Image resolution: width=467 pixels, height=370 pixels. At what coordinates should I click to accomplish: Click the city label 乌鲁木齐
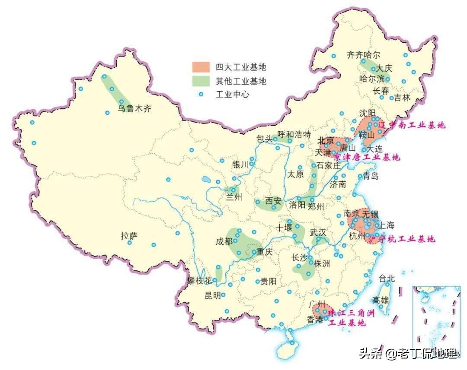click(x=135, y=109)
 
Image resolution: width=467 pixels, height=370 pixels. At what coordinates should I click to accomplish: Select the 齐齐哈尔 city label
click(x=364, y=55)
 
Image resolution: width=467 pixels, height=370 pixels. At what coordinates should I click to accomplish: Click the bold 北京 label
click(x=326, y=141)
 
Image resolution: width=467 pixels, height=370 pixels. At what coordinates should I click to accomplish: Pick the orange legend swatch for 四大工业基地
click(x=202, y=67)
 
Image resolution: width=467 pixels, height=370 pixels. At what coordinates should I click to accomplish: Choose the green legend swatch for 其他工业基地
click(x=202, y=80)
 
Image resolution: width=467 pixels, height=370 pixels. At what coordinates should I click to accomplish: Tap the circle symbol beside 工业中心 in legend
click(x=201, y=94)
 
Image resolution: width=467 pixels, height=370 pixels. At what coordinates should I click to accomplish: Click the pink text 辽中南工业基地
click(x=411, y=126)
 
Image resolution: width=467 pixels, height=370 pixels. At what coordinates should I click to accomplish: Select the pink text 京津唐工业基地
click(x=367, y=157)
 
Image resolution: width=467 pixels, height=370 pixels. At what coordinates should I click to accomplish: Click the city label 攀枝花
click(x=199, y=281)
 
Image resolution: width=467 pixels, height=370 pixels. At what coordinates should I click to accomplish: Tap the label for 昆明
click(x=212, y=295)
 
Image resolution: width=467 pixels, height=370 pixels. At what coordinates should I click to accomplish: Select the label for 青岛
click(x=371, y=176)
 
